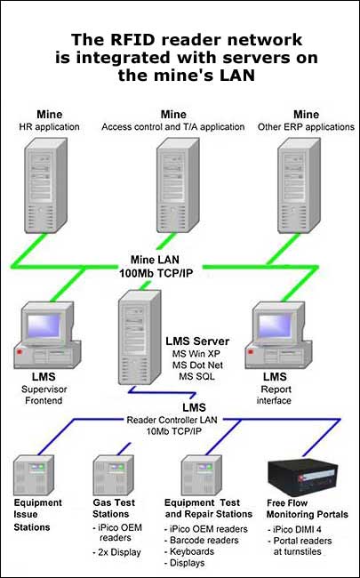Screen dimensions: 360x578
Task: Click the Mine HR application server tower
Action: [x=45, y=186]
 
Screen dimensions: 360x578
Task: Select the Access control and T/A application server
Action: [x=178, y=186]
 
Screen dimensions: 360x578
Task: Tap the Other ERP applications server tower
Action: [x=299, y=186]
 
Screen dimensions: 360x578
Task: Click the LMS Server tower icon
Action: [x=140, y=337]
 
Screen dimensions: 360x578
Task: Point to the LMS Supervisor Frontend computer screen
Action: [x=44, y=325]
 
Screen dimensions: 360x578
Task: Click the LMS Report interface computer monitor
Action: [x=275, y=325]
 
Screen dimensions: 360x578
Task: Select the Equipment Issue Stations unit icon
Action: [x=34, y=475]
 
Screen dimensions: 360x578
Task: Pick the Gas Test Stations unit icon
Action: [x=113, y=475]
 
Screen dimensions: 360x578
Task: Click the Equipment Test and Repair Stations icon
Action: [x=202, y=475]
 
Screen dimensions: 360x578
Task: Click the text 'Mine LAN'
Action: [x=155, y=260]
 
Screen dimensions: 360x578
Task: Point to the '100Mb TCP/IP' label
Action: [x=156, y=273]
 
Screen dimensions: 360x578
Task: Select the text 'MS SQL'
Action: [x=196, y=377]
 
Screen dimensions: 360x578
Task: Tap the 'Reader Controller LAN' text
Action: [x=172, y=420]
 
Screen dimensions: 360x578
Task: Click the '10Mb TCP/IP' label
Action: [x=174, y=431]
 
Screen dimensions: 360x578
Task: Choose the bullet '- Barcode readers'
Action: [x=201, y=541]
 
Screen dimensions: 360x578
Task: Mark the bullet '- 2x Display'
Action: [x=116, y=552]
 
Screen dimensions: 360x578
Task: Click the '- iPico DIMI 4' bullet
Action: [x=294, y=529]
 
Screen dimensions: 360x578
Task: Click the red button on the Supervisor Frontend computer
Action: [x=20, y=352]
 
